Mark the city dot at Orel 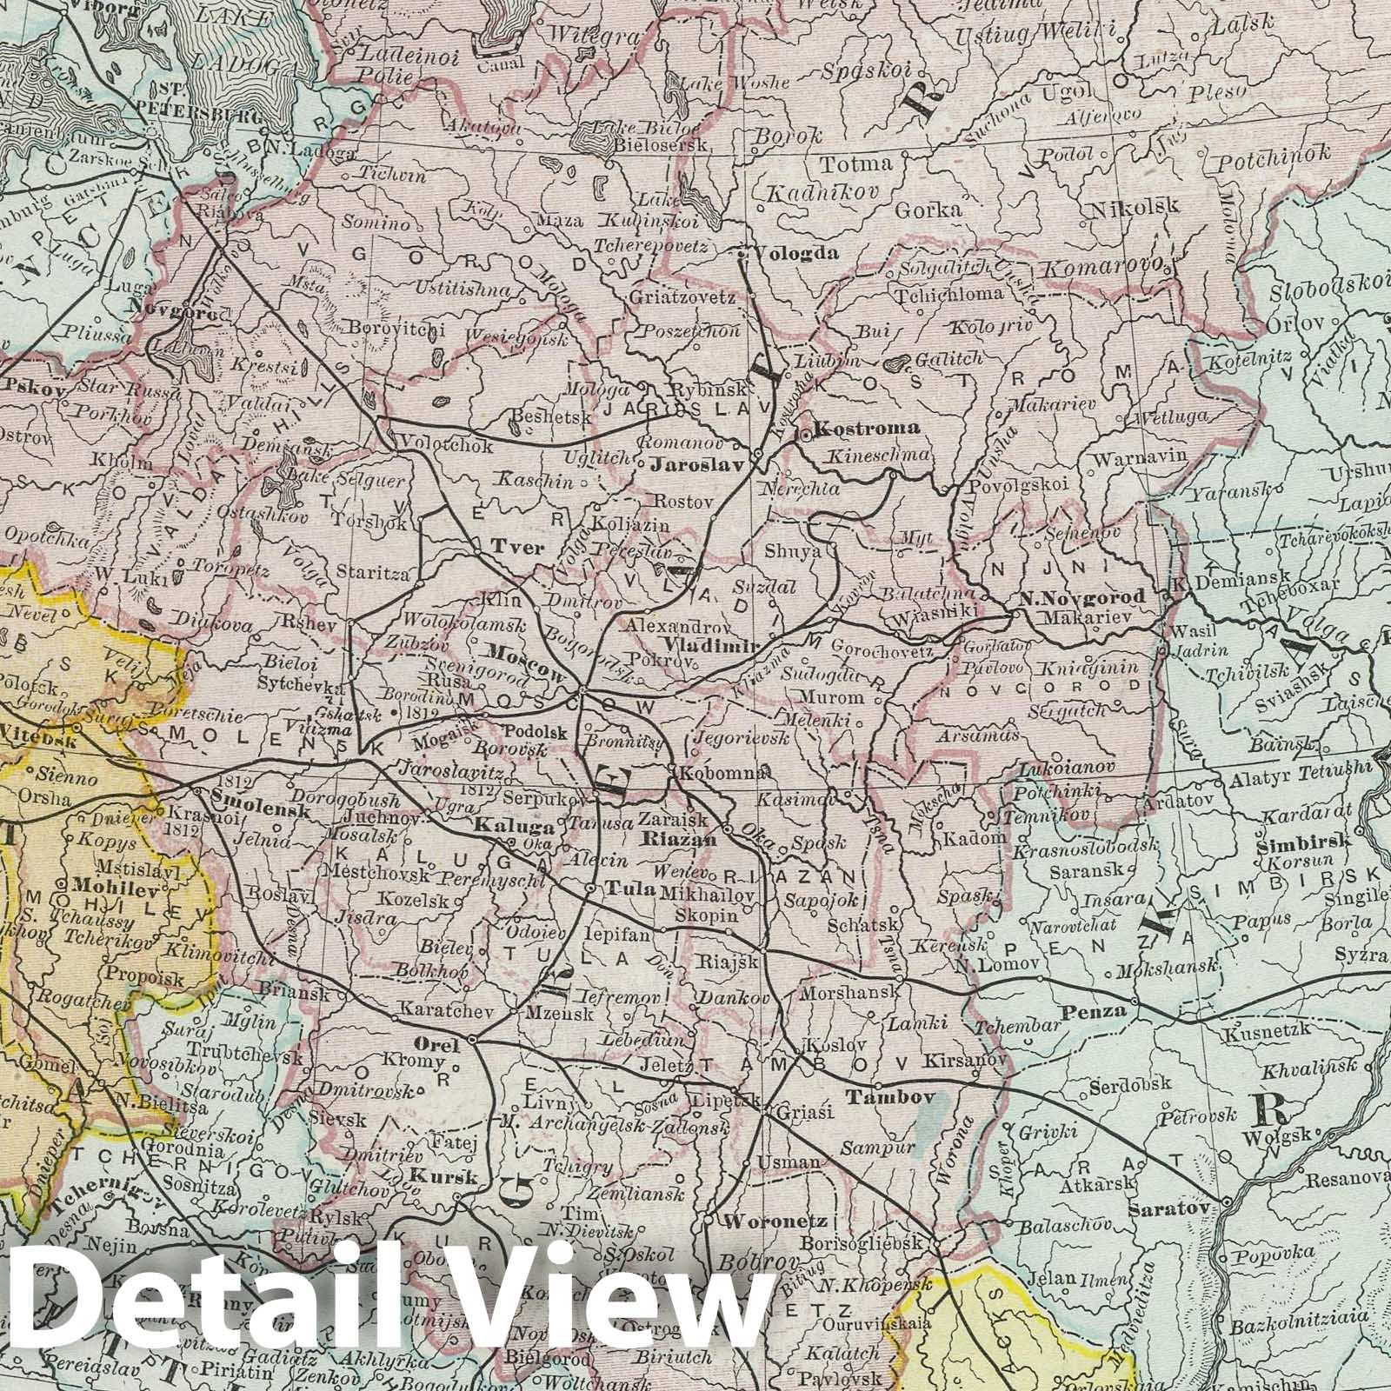point(471,1040)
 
